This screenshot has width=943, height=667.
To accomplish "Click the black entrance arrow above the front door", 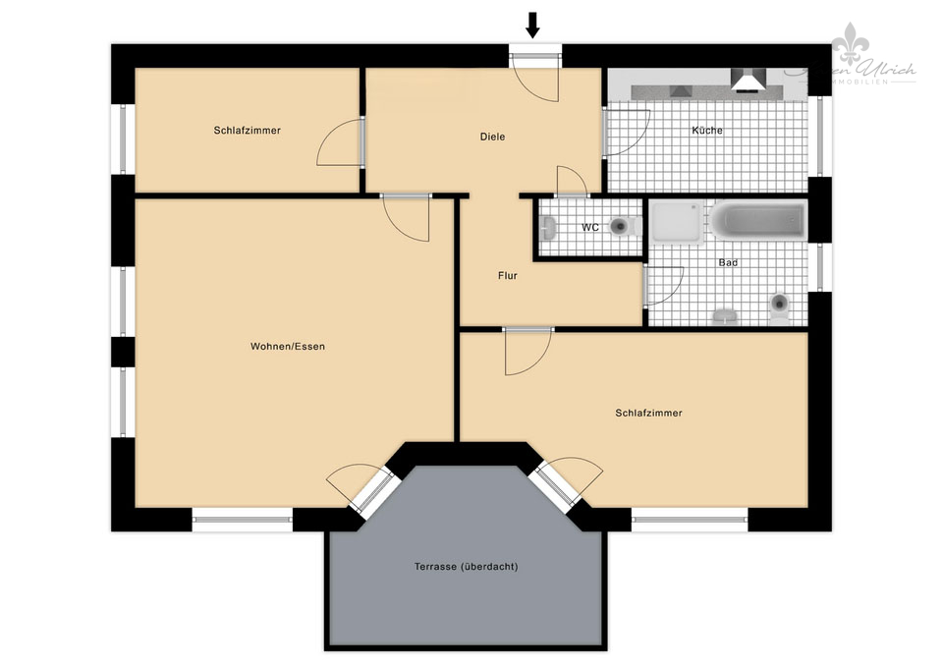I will pyautogui.click(x=533, y=25).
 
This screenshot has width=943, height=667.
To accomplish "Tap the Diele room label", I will pyautogui.click(x=492, y=137).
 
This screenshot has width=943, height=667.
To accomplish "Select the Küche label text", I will pyautogui.click(x=707, y=131).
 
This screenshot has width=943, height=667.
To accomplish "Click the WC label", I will pyautogui.click(x=590, y=228).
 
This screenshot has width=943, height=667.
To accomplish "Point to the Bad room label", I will pyautogui.click(x=728, y=263).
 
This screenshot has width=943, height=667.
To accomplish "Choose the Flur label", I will pyautogui.click(x=507, y=276).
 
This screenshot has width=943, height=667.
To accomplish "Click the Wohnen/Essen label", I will pyautogui.click(x=288, y=347).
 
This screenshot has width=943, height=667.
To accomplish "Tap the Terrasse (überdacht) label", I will pyautogui.click(x=466, y=567).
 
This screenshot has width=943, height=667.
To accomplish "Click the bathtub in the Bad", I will pyautogui.click(x=759, y=220).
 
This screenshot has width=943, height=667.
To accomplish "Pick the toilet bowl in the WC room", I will pyautogui.click(x=620, y=227).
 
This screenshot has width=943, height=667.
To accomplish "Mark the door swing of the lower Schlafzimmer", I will pyautogui.click(x=527, y=352).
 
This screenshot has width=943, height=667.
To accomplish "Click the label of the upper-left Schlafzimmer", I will pyautogui.click(x=248, y=130).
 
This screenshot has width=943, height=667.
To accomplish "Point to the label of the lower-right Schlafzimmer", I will pyautogui.click(x=648, y=414).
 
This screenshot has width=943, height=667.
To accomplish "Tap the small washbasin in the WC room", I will pyautogui.click(x=548, y=228).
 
